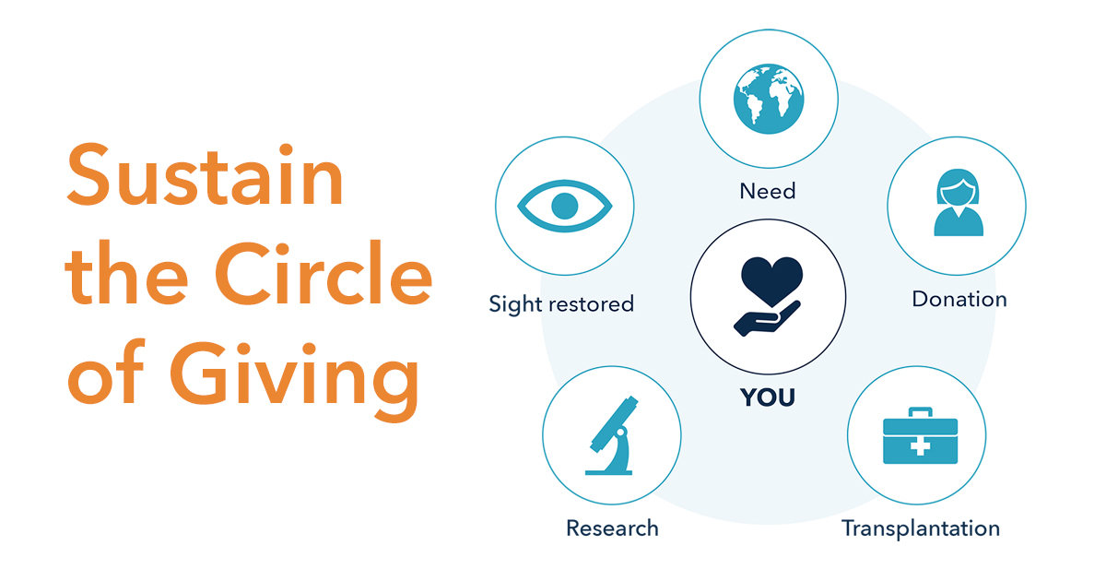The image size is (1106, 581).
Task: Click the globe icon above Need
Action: (769, 100)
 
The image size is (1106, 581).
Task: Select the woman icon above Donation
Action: (956, 204)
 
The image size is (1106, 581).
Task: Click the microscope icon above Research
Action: (611, 435)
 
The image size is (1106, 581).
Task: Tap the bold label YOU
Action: (768, 397)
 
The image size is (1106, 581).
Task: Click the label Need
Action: (768, 191)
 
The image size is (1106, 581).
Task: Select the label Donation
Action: (959, 299)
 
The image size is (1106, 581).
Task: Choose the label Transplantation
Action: (920, 528)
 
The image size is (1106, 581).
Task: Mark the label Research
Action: (612, 528)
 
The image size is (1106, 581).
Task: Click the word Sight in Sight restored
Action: (516, 304)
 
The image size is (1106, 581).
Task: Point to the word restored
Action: (592, 303)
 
